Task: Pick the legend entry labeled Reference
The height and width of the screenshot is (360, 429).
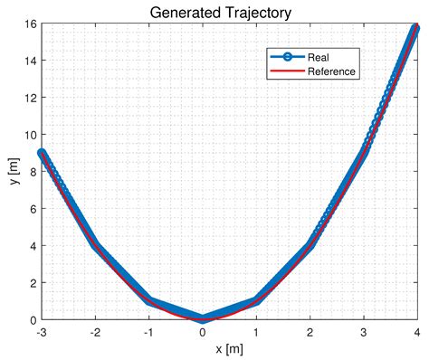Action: tap(332, 71)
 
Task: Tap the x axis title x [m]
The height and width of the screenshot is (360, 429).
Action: tap(229, 348)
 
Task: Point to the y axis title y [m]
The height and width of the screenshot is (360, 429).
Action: tap(13, 172)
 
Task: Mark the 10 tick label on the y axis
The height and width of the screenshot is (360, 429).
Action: tap(29, 135)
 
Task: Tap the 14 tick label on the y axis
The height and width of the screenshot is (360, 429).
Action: tap(29, 61)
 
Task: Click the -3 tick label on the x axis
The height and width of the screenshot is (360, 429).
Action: tap(41, 332)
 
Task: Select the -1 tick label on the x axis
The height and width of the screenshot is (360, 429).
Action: tap(148, 332)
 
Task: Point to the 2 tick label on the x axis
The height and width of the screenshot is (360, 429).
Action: tap(310, 332)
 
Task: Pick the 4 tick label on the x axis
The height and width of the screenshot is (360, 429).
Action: tap(417, 332)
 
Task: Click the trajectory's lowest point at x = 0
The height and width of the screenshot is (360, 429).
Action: tap(203, 318)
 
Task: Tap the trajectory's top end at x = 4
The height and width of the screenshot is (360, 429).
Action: tap(416, 28)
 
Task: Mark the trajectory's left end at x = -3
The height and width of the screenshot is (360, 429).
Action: tap(42, 154)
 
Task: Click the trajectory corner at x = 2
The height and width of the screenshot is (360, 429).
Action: tap(310, 245)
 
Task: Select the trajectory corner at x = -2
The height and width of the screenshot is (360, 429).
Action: tap(95, 245)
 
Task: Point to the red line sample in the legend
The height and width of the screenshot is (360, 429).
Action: tap(288, 71)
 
